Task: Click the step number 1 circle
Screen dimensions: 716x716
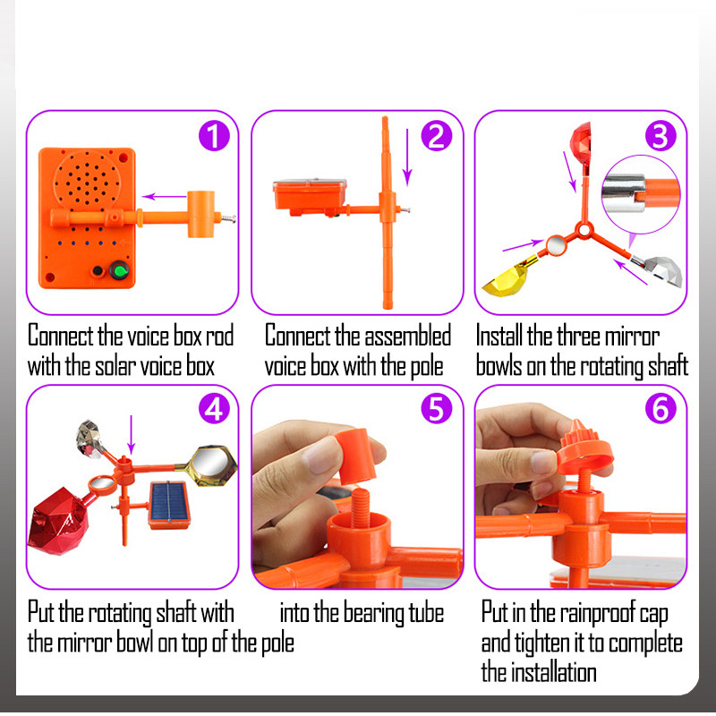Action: (214, 136)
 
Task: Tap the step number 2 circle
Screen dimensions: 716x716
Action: (437, 136)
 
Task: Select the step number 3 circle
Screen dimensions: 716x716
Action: (661, 136)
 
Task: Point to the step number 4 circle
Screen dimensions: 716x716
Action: (214, 408)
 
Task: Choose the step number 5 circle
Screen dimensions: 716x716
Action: (437, 408)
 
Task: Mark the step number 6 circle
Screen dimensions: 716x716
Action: (661, 408)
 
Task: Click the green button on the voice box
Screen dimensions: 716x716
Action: (120, 271)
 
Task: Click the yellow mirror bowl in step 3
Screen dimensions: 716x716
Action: (507, 279)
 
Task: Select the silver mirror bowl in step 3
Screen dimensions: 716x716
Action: (662, 270)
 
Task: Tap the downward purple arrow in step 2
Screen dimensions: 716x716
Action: (407, 158)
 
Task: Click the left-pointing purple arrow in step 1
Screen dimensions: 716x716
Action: (164, 197)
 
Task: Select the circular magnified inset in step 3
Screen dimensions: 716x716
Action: (641, 194)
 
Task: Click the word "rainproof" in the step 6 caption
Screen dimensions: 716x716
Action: (598, 612)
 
